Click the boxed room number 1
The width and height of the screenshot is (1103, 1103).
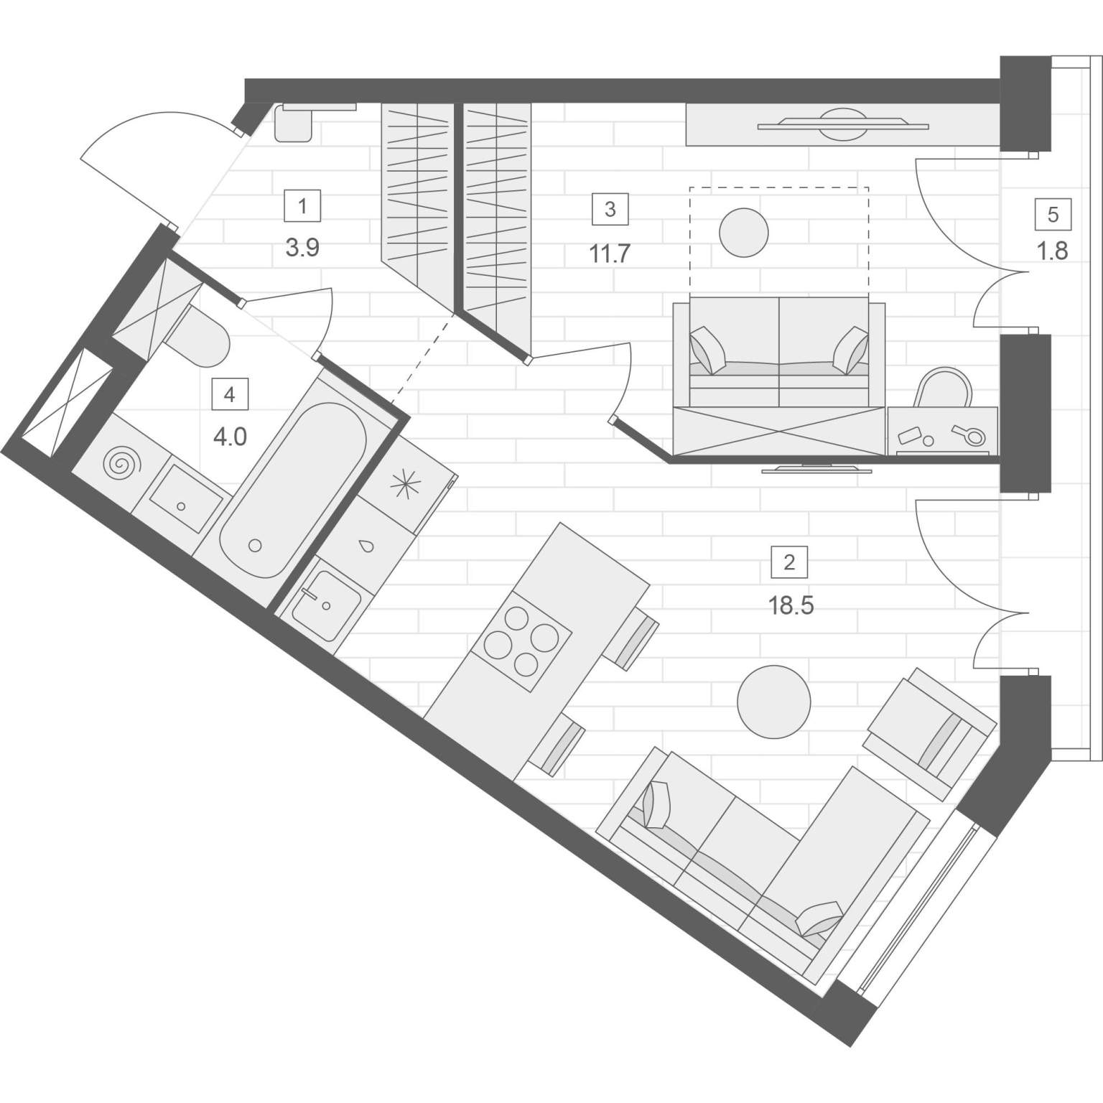302,207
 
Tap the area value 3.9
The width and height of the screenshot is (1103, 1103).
302,248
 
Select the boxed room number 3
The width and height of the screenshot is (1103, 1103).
610,209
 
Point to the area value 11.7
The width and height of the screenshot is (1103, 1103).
610,253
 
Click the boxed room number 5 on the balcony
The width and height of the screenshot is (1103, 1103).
1053,215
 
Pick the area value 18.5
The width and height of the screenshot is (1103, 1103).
791,605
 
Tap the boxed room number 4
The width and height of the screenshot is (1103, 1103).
229,394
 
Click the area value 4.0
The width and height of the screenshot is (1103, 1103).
230,436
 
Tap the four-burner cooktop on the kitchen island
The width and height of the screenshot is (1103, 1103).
521,641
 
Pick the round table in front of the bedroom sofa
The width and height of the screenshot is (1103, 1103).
744,232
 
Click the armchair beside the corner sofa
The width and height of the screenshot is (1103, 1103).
930,733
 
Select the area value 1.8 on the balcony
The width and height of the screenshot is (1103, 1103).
1053,251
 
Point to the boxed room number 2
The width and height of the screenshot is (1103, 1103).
789,562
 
